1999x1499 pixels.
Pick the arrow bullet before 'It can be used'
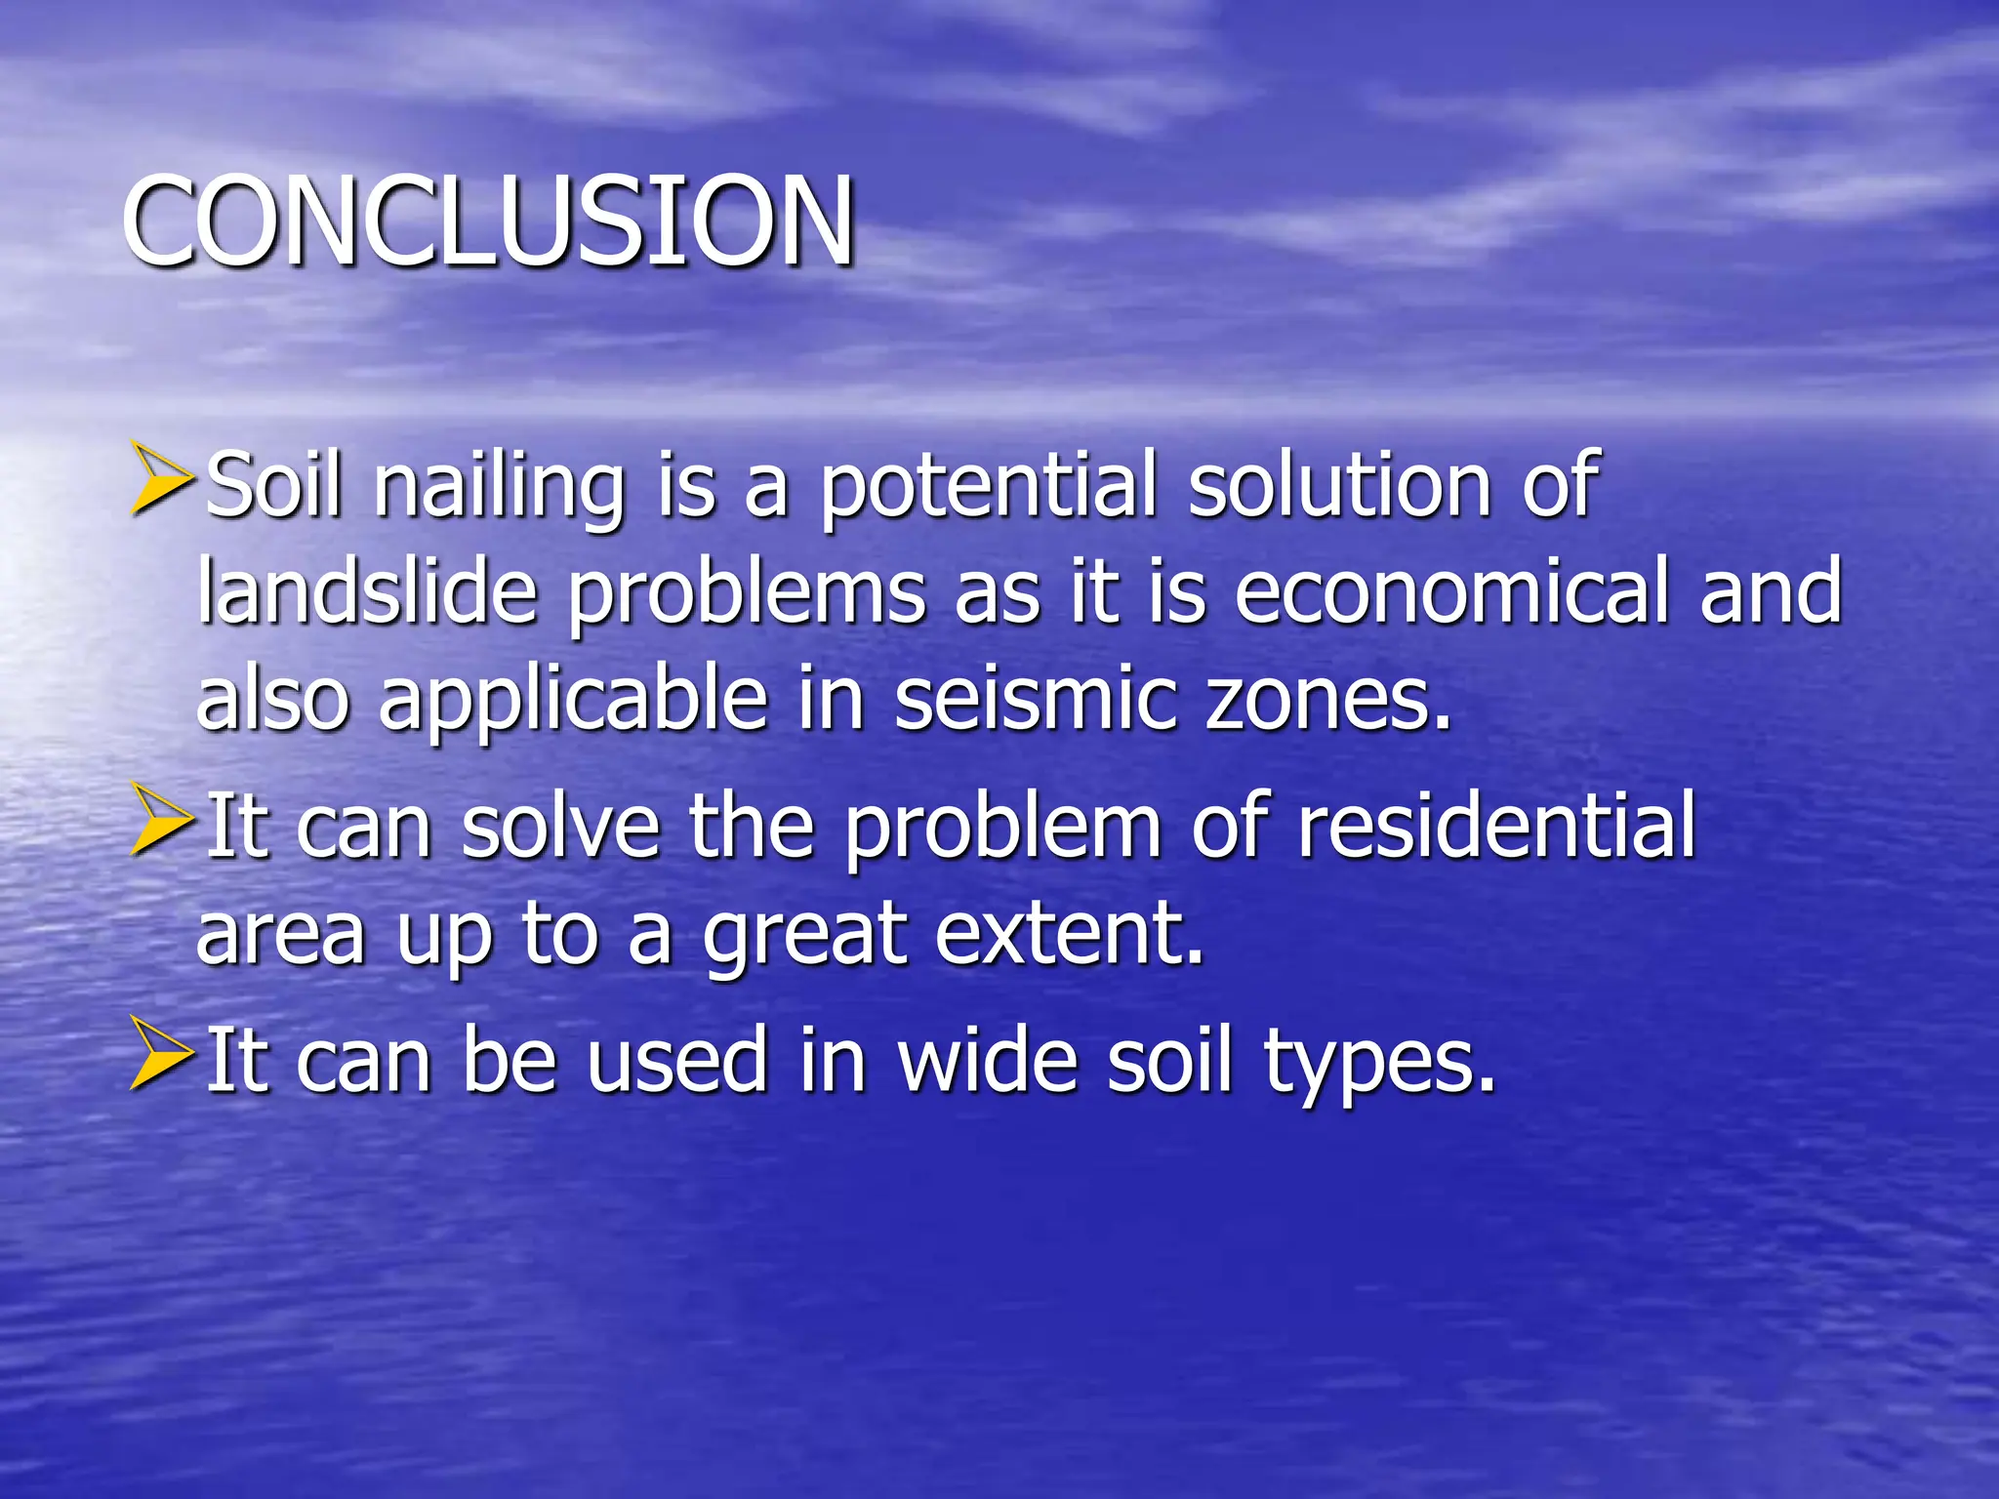click(160, 1054)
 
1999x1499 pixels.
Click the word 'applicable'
click(574, 701)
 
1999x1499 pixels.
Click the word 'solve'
click(560, 828)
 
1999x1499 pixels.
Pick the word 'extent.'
click(1070, 935)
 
